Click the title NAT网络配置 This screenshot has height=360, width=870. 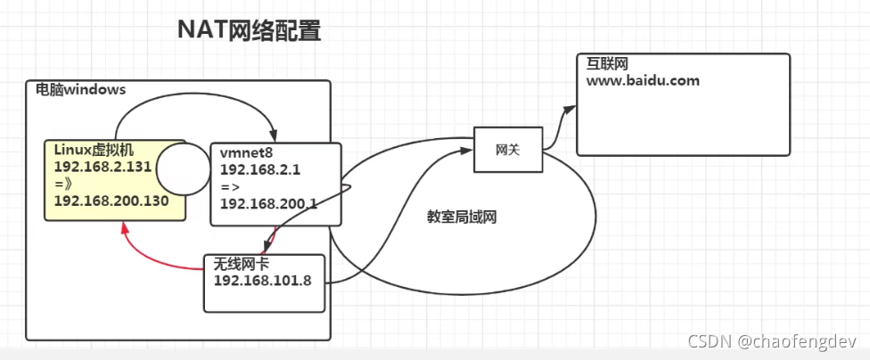coord(249,31)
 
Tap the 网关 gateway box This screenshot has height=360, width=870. coord(507,150)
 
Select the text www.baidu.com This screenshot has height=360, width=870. coord(642,80)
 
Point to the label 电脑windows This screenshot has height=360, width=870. coord(80,90)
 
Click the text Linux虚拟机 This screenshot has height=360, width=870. coord(94,149)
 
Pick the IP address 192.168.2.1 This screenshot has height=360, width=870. coord(259,169)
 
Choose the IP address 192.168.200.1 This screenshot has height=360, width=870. coord(268,203)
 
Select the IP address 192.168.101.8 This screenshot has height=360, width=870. coord(262,280)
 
